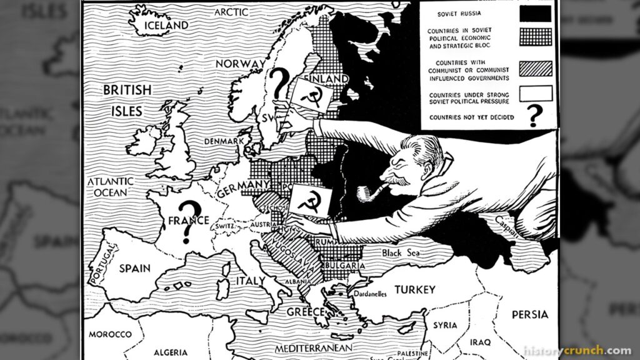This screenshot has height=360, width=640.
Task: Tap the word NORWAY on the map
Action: click(240, 63)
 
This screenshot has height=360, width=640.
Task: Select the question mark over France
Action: click(186, 221)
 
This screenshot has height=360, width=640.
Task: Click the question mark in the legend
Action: click(534, 116)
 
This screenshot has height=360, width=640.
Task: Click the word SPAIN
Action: click(134, 268)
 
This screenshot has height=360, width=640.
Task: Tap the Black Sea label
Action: click(401, 252)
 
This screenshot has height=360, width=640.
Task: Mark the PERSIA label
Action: click(530, 314)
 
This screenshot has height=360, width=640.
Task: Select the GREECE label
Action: click(305, 311)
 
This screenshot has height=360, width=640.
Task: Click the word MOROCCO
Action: click(110, 334)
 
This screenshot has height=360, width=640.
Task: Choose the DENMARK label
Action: click(222, 141)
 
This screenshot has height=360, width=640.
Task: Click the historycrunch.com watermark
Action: click(577, 351)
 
